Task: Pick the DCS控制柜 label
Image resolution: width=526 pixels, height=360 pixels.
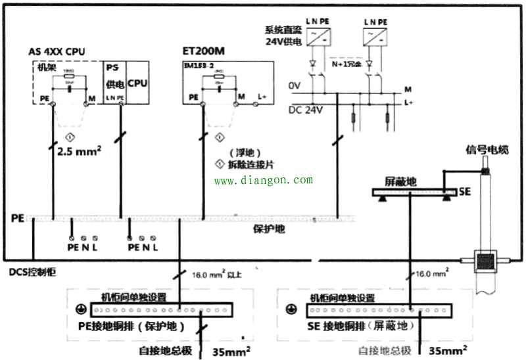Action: click(x=30, y=271)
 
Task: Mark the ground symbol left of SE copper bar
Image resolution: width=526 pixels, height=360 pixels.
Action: click(x=289, y=307)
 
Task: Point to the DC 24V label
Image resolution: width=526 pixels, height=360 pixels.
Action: click(x=305, y=110)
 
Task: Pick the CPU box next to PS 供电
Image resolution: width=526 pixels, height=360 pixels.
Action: click(x=137, y=83)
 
